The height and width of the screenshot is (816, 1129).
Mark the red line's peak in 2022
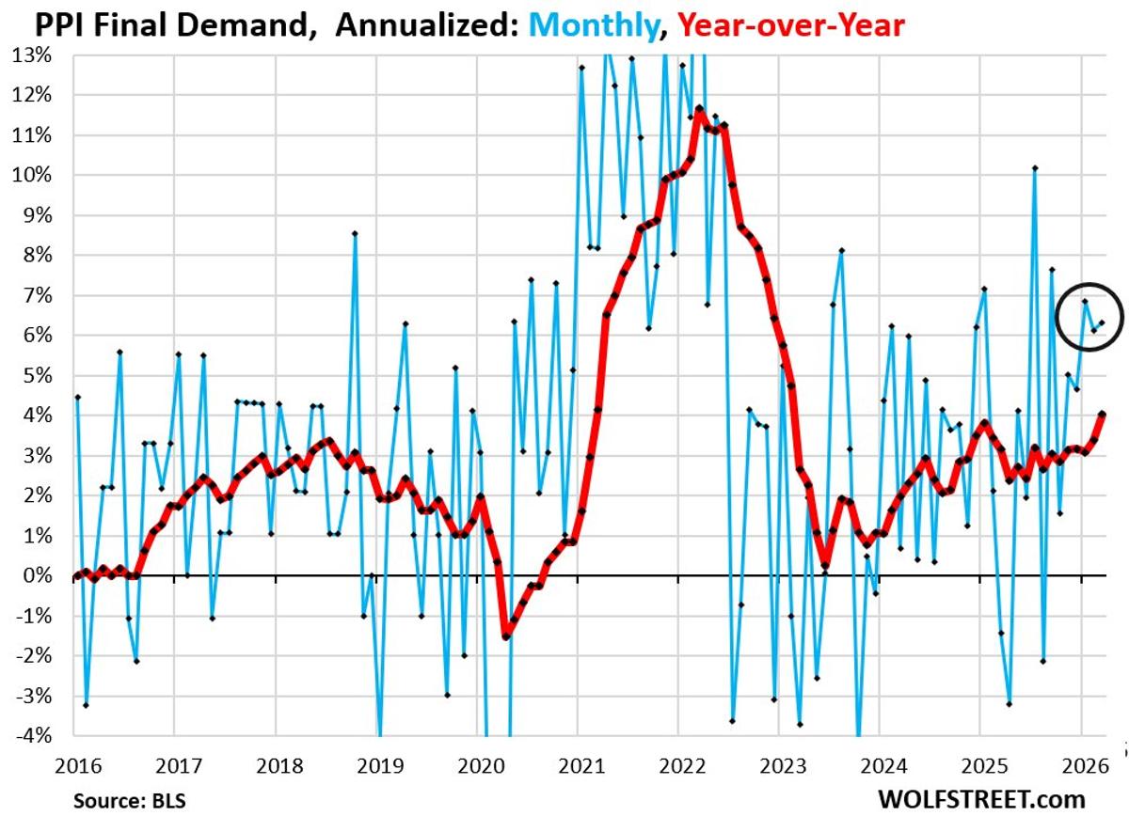(697, 109)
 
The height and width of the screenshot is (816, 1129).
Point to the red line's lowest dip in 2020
(505, 636)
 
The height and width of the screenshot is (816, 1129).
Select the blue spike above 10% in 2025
(1034, 168)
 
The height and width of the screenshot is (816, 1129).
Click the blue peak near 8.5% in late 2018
(355, 233)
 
